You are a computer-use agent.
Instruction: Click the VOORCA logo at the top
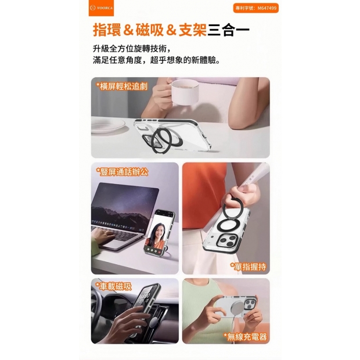pos(101,8)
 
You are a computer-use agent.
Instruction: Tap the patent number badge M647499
pos(255,8)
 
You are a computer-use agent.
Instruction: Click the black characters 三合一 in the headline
pos(228,30)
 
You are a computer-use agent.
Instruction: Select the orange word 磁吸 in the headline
pos(150,30)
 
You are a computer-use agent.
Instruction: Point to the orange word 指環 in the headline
pos(107,30)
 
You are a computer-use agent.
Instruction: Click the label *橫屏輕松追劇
pos(121,87)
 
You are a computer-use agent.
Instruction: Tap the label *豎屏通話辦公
pos(122,172)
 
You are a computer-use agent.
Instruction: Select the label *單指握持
pos(248,267)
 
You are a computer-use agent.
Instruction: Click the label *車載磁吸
pos(113,286)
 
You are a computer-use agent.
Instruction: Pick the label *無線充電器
pos(246,337)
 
